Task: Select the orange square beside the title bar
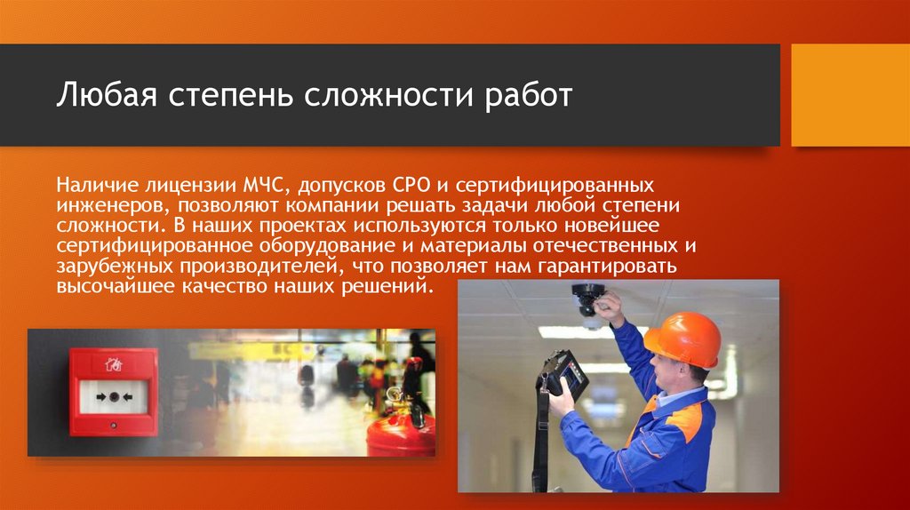click(850, 95)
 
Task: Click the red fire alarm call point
click(113, 391)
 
